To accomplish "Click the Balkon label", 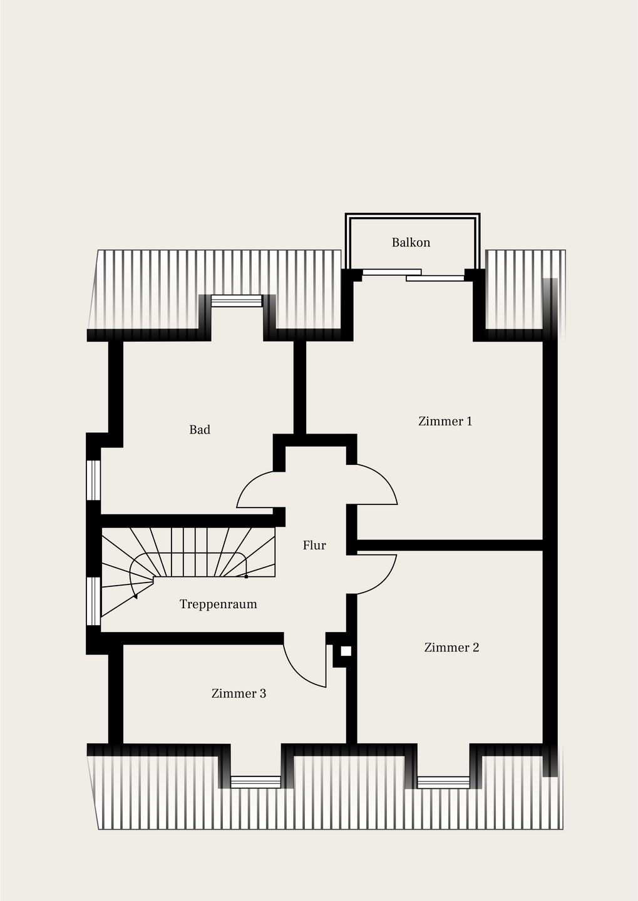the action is coord(411,243).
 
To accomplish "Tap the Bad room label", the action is coord(200,430).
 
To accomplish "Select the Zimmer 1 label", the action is coord(445,421).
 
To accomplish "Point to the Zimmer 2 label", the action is coord(451,647).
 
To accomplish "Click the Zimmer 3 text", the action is coord(239,693).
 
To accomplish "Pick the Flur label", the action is coord(314,545).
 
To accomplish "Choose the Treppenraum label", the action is coord(218,604).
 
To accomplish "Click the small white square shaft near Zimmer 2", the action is coord(346,651).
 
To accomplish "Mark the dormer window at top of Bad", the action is coord(237,301).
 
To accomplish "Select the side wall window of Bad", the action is coord(93,481).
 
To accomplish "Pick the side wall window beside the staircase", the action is coord(93,601).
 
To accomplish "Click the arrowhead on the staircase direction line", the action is coord(136,596).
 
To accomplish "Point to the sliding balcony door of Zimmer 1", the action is coord(413,275).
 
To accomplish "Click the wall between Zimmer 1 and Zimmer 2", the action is coord(450,545).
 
